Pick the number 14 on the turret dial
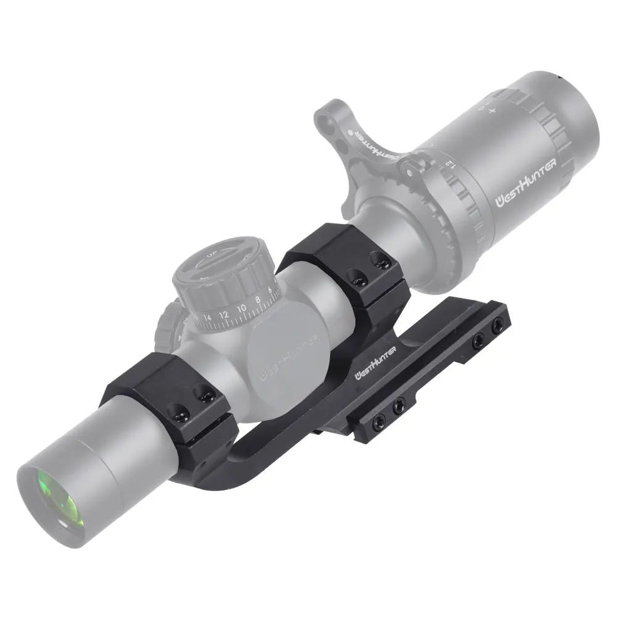pos(207,319)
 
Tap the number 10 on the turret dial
pos(242,306)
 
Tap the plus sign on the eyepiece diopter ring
pos(492,110)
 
